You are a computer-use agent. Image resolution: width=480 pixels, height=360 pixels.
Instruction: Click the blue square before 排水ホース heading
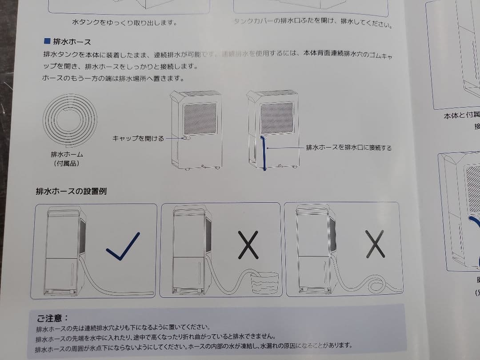pyautogui.click(x=47, y=42)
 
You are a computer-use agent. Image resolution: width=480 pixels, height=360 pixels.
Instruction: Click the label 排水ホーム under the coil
pyautogui.click(x=67, y=155)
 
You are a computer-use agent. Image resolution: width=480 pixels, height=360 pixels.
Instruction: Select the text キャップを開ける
pyautogui.click(x=138, y=139)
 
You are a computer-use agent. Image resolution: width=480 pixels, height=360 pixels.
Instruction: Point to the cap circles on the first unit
pyautogui.click(x=187, y=139)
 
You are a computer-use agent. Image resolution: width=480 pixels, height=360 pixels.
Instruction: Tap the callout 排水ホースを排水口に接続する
pyautogui.click(x=348, y=148)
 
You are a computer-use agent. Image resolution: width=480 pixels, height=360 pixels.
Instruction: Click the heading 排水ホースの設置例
pyautogui.click(x=71, y=192)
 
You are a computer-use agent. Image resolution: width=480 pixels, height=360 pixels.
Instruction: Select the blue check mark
pyautogui.click(x=123, y=246)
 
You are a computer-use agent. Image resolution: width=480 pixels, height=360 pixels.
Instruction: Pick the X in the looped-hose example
pyautogui.click(x=375, y=244)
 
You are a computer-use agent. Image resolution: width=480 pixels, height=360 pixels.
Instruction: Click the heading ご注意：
pyautogui.click(x=52, y=318)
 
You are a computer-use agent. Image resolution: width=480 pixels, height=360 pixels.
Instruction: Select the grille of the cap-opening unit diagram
pyautogui.click(x=200, y=119)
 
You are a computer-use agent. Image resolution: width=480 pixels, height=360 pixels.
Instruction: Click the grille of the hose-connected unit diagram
pyautogui.click(x=276, y=118)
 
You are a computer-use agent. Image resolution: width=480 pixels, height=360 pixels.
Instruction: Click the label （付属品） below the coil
pyautogui.click(x=67, y=164)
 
